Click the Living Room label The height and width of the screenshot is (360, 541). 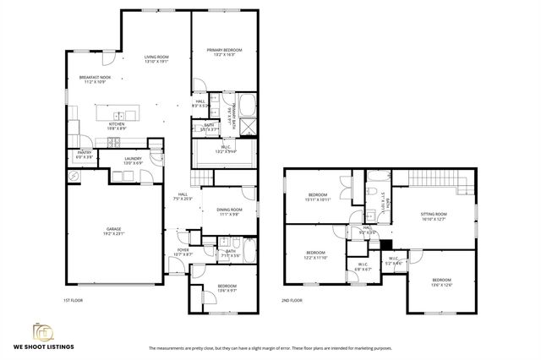(156, 57)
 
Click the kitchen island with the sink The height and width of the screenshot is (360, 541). (117, 114)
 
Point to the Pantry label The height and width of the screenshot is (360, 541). (84, 155)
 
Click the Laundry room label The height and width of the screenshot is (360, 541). (133, 158)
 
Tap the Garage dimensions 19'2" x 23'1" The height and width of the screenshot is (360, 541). (113, 233)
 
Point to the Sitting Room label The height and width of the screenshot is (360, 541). (434, 215)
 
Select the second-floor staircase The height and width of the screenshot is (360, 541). (433, 181)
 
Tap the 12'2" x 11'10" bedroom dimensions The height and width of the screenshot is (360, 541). (315, 257)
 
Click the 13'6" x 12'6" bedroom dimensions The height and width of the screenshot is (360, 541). (442, 284)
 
